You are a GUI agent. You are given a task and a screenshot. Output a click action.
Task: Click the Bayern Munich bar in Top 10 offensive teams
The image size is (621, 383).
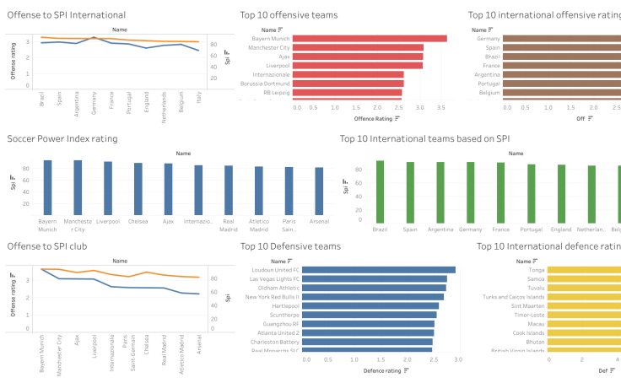[371, 38]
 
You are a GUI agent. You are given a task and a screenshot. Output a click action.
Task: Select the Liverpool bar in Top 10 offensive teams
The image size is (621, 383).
[359, 65]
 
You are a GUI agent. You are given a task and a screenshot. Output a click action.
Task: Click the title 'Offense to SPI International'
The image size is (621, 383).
[67, 15]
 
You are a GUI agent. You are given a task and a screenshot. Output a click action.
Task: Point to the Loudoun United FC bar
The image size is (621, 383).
[380, 270]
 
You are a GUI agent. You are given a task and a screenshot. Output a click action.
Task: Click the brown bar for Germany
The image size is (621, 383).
[562, 38]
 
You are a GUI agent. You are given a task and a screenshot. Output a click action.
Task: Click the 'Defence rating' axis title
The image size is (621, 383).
[383, 370]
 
